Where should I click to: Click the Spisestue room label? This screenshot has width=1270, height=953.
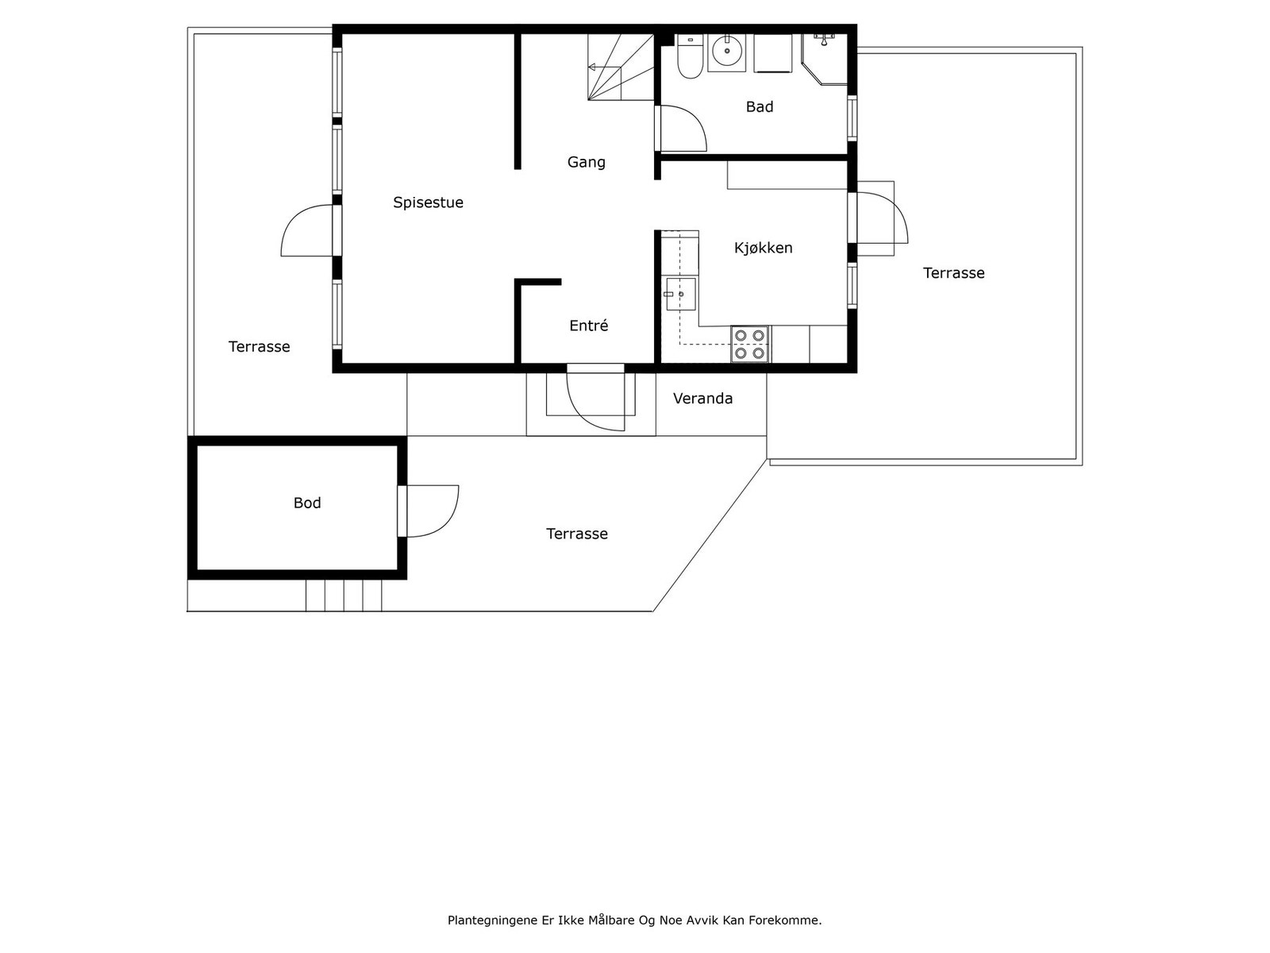[x=428, y=203]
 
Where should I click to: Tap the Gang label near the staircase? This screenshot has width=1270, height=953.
[x=586, y=162]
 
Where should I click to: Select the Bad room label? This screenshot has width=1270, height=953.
[x=759, y=106]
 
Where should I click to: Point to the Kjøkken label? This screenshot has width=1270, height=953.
[x=763, y=248]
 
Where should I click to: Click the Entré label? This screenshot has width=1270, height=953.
[x=588, y=326]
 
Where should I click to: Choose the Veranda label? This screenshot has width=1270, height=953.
[x=702, y=399]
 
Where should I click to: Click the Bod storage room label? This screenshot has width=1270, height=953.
[x=307, y=503]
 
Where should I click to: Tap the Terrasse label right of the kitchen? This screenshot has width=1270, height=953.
[x=953, y=273]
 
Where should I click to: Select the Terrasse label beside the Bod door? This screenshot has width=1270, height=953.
[x=576, y=534]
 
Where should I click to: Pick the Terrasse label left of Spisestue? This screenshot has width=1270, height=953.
[x=259, y=346]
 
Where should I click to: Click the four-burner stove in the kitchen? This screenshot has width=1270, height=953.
[x=750, y=344]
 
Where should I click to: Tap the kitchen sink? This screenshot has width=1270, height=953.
[x=680, y=294]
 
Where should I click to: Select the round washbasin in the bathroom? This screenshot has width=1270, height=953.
[x=726, y=52]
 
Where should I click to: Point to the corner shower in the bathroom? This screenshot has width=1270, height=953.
[x=825, y=57]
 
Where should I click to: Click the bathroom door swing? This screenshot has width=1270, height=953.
[x=681, y=129]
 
